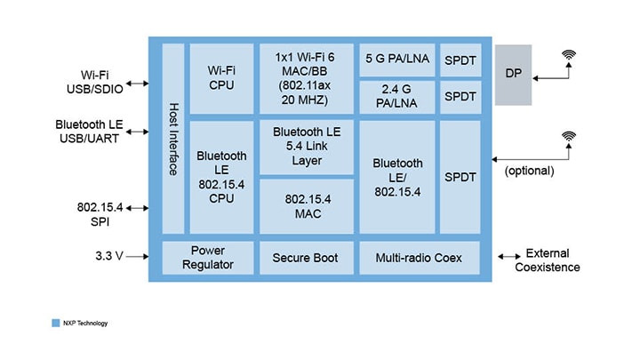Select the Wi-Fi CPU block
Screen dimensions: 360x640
221,78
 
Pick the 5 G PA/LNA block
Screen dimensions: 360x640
396,60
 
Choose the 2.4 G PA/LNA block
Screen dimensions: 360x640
396,97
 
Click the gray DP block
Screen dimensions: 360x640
513,75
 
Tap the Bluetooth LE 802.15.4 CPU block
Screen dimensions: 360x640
221,176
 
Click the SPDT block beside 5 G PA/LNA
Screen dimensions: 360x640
460,60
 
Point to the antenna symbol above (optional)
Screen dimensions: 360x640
568,138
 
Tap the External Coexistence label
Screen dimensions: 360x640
548,260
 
